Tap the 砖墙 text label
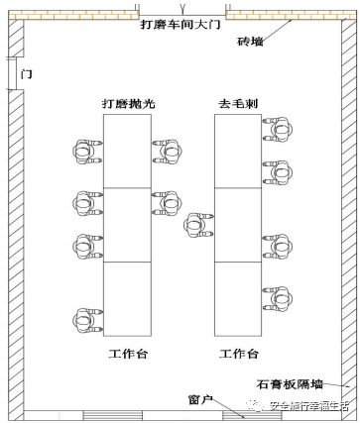[250, 42]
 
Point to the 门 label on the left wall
[26, 73]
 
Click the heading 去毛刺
[238, 103]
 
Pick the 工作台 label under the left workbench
[127, 352]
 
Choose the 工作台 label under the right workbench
[239, 352]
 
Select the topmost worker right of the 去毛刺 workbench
[276, 126]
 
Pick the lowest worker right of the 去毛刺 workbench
[276, 296]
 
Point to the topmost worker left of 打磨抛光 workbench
[82, 149]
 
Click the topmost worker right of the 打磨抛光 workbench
[167, 150]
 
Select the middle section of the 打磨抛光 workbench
[128, 225]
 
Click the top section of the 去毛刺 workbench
[238, 150]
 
